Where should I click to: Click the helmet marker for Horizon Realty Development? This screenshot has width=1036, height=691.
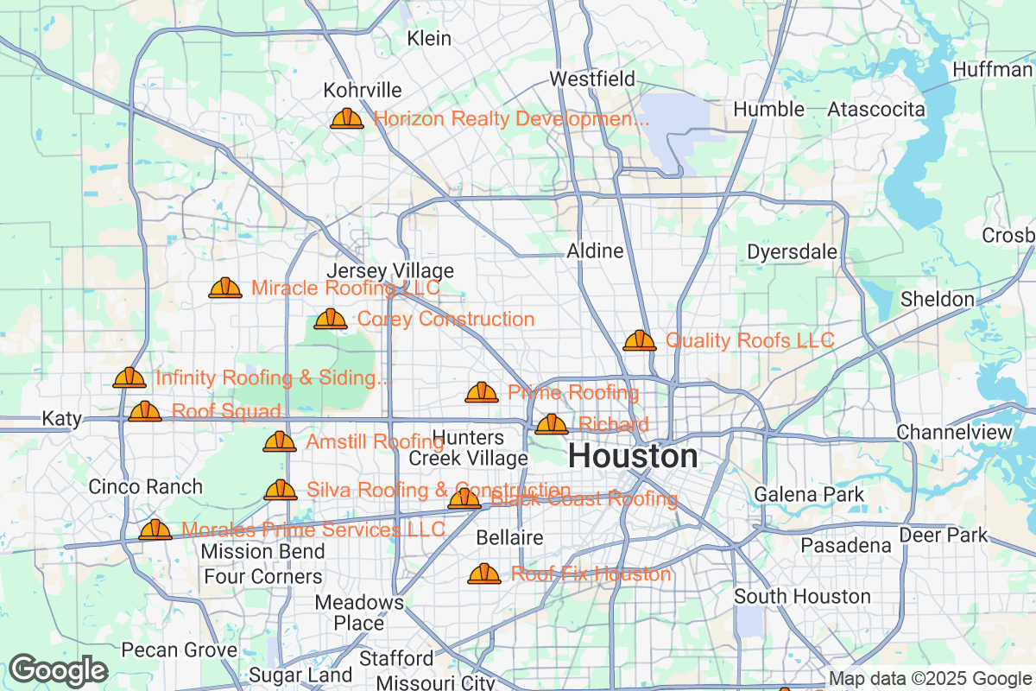(347, 118)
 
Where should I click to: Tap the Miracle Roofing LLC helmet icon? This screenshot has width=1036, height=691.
(225, 288)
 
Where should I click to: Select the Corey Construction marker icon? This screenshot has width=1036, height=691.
(331, 320)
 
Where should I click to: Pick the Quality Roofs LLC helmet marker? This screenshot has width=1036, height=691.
(640, 340)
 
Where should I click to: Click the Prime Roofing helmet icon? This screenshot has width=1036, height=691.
(482, 393)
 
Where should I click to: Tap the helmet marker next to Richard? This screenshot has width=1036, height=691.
(552, 424)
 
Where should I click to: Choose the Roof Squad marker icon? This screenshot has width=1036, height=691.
(145, 411)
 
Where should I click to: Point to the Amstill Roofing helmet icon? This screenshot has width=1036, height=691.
(280, 442)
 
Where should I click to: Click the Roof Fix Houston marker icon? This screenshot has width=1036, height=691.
(484, 574)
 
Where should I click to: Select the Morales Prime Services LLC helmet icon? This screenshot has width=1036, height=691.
(155, 529)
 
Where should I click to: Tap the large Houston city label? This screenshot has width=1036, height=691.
(634, 456)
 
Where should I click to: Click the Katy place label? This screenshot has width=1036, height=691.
(62, 420)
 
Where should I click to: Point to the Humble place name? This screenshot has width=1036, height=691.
(768, 110)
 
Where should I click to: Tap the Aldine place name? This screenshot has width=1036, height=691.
(595, 251)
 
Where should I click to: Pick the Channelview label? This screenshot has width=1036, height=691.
(953, 431)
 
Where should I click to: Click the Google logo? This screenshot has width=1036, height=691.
(59, 670)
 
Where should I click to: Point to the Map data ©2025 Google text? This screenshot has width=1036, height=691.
(931, 679)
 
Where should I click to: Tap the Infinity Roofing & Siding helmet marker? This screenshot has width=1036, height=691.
(129, 378)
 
